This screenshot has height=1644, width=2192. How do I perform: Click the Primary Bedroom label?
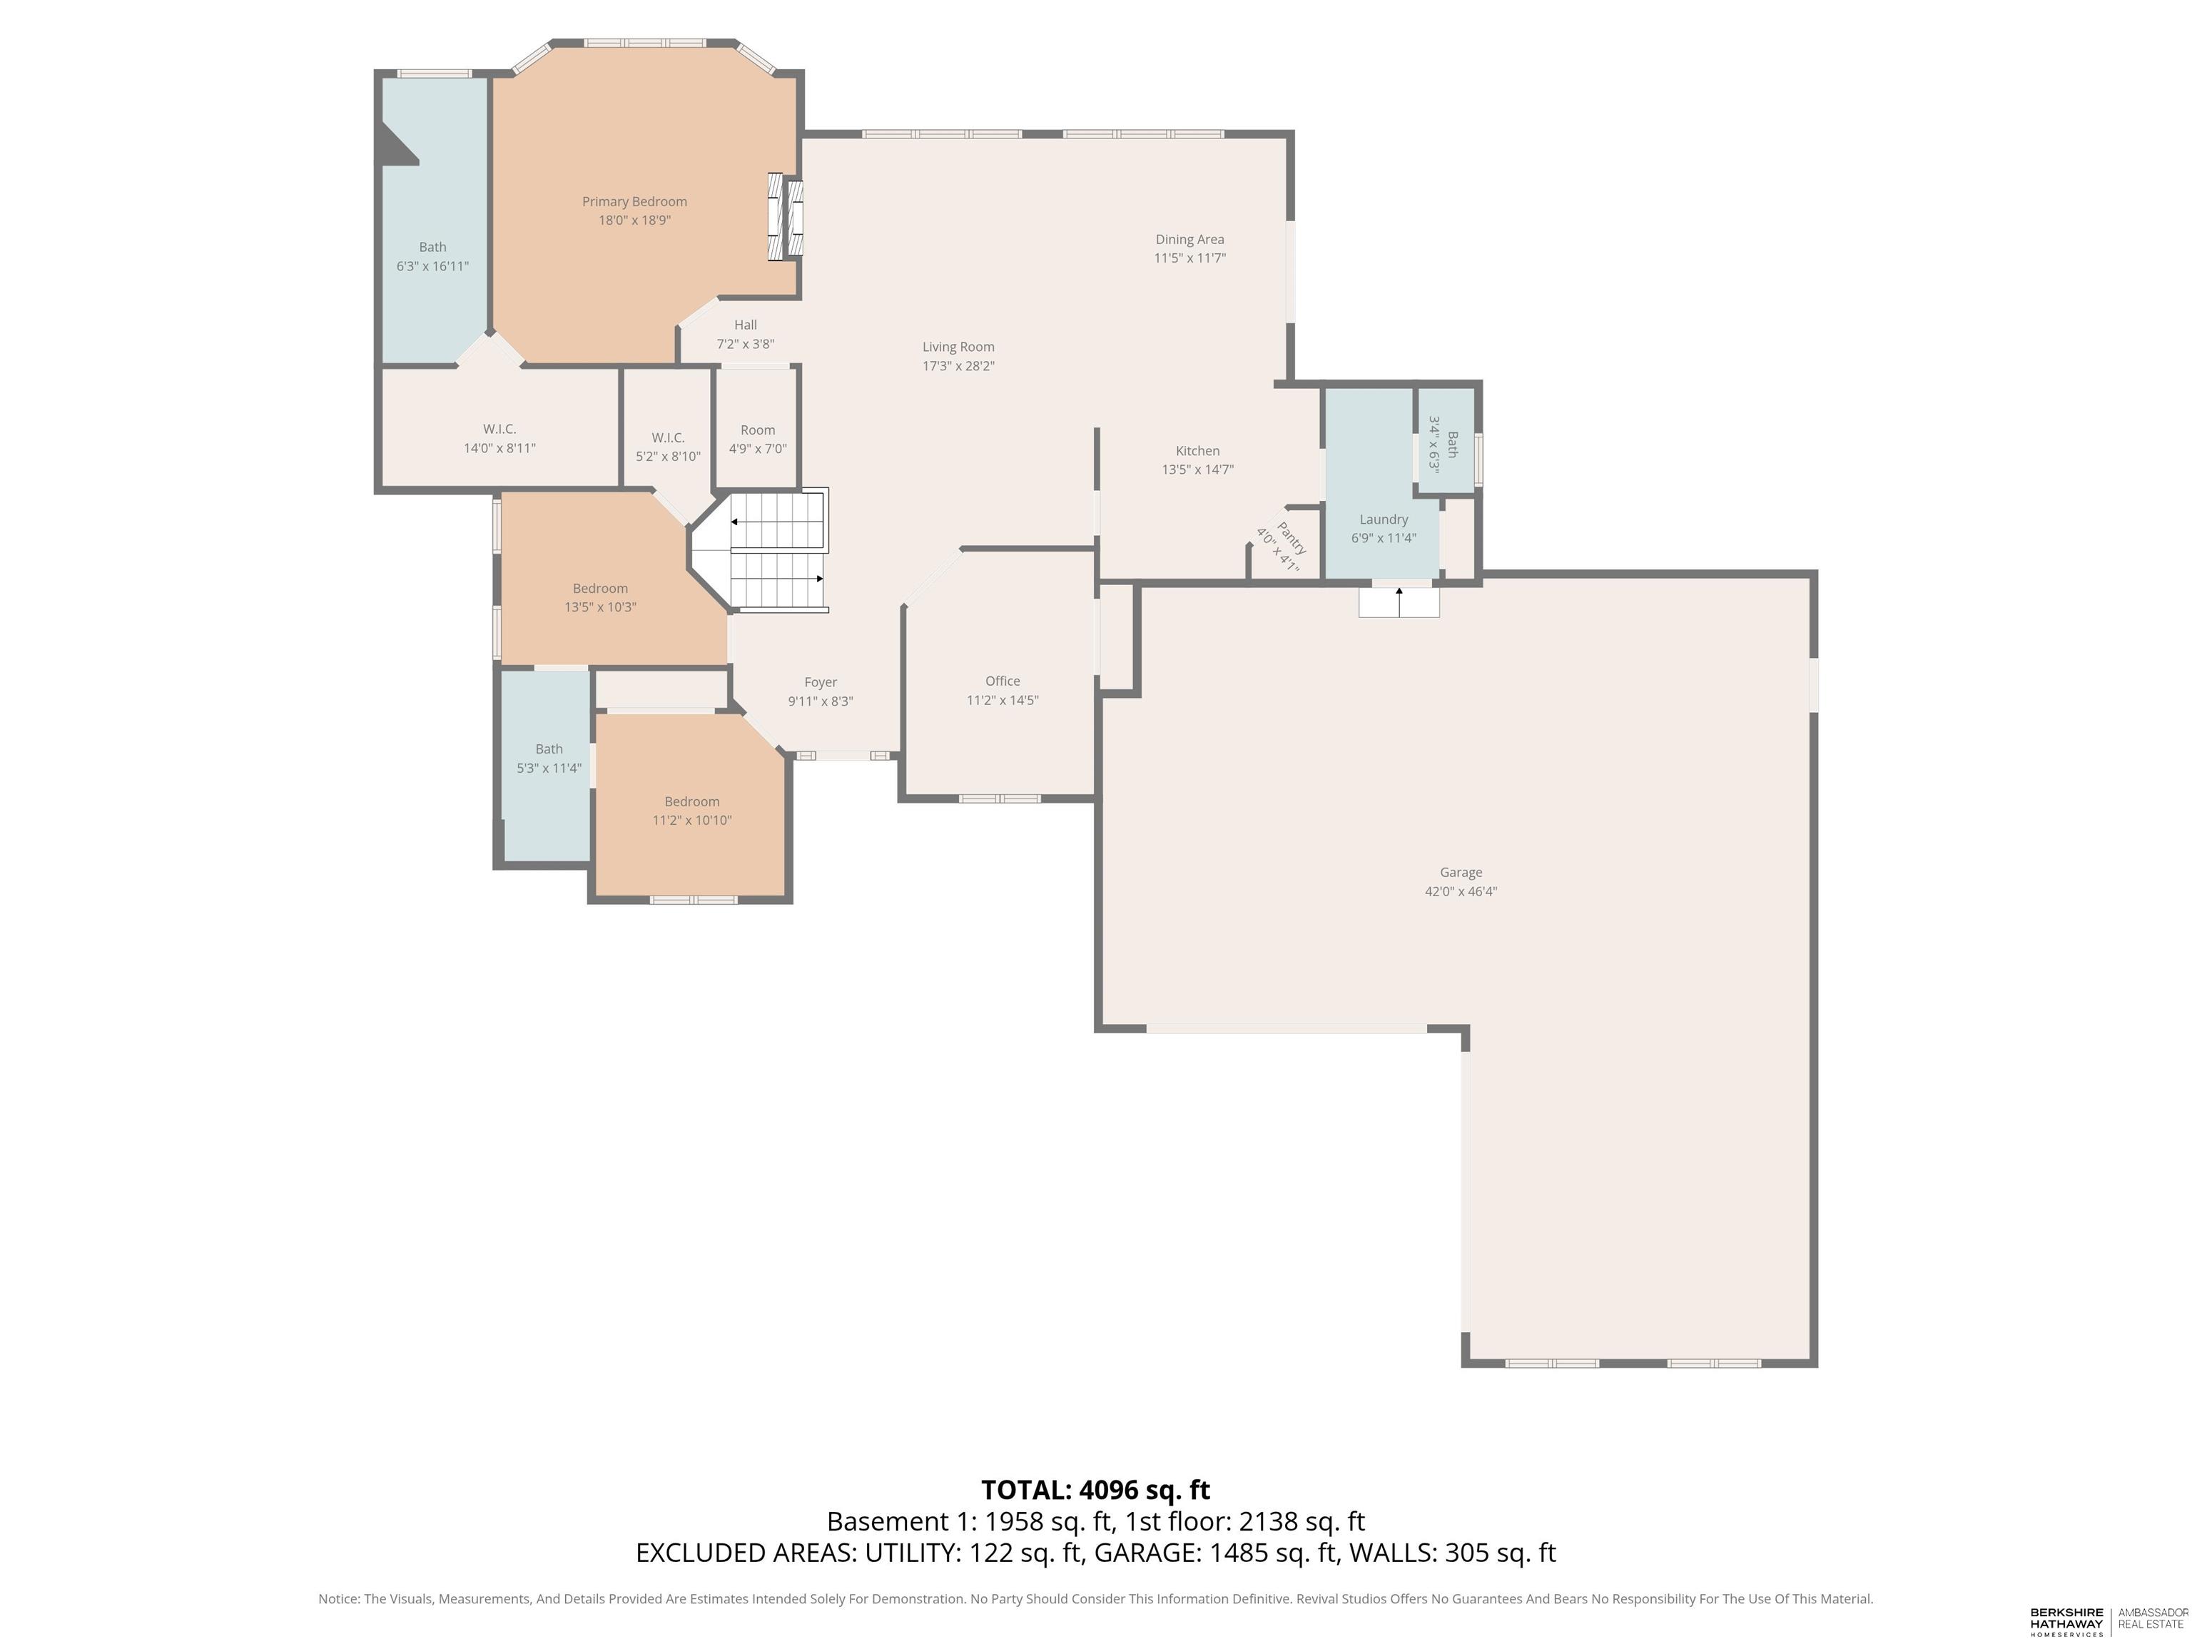634,201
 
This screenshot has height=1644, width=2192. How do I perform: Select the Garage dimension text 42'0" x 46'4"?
1461,892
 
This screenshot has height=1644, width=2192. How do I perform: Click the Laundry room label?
1384,519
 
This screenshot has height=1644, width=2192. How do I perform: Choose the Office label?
1002,681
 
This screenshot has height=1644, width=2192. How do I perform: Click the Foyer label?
820,681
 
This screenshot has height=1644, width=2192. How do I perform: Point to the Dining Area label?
1189,239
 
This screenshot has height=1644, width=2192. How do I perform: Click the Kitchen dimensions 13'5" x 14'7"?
1197,470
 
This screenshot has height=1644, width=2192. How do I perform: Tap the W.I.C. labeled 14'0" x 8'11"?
499,438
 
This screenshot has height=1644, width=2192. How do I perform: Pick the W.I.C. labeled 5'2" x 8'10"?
668,447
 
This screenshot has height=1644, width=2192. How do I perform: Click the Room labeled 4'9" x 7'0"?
757,439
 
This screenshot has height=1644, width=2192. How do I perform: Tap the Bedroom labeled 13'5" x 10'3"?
599,597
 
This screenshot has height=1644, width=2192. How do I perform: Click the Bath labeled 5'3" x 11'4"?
549,758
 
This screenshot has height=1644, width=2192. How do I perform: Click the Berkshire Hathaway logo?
2066,1620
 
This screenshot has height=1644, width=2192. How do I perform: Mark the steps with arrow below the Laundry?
1399,602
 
